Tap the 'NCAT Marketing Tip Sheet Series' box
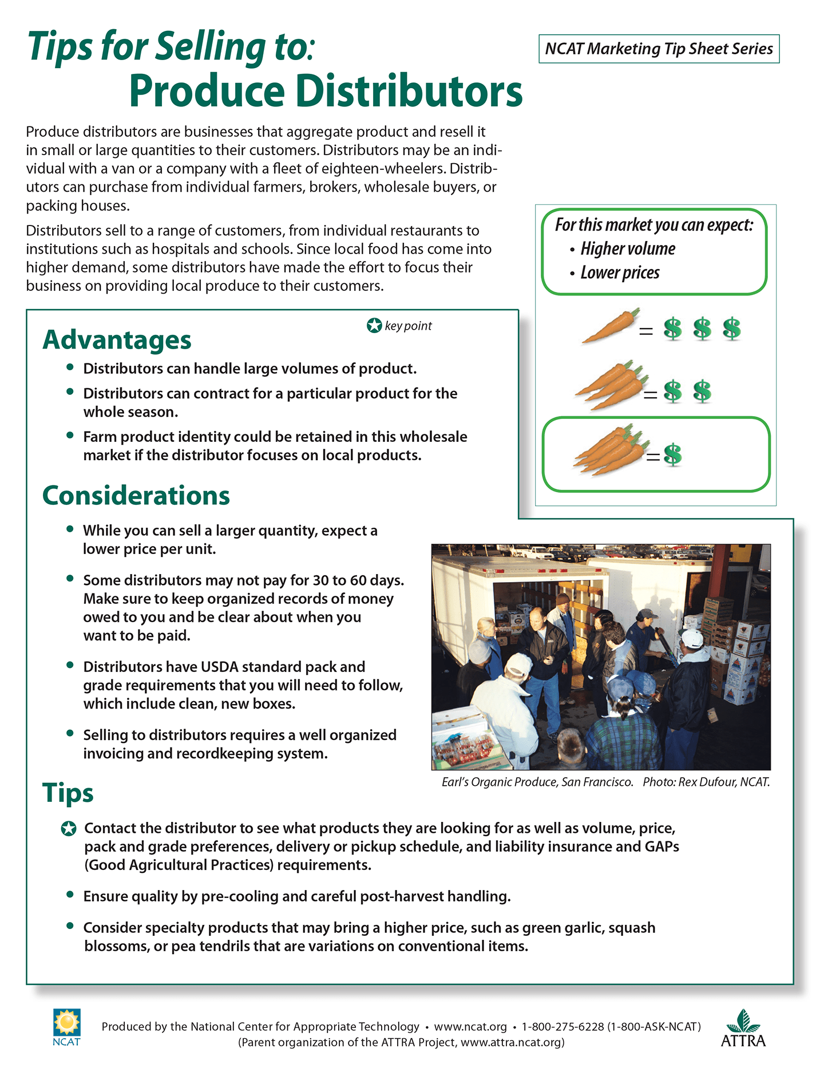(x=659, y=49)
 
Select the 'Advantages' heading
(x=117, y=339)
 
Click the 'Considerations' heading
(x=136, y=496)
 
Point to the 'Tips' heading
(x=68, y=793)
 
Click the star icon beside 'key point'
(x=374, y=326)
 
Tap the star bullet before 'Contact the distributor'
(x=69, y=829)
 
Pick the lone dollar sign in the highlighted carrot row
(x=673, y=455)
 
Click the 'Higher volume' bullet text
(x=628, y=249)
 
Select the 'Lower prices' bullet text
(x=620, y=273)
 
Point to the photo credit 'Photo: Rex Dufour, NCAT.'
(x=706, y=782)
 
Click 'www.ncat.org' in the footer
(x=470, y=1027)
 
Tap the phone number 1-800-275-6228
(x=562, y=1027)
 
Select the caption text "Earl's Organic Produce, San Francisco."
(x=537, y=782)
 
